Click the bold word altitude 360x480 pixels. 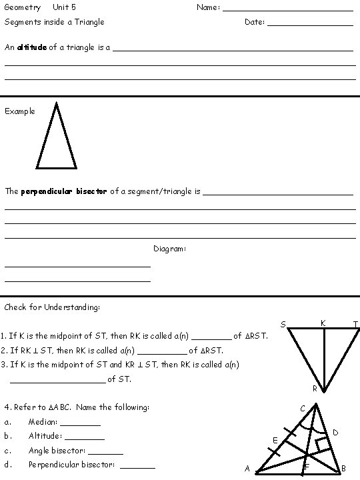pyautogui.click(x=32, y=47)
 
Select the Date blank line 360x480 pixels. pyautogui.click(x=310, y=24)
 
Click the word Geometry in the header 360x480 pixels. pyautogui.click(x=23, y=7)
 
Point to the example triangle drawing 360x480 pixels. pyautogui.click(x=56, y=137)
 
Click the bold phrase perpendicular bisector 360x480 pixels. pyautogui.click(x=64, y=191)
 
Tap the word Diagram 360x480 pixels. pyautogui.click(x=169, y=249)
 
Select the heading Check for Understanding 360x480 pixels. pyautogui.click(x=52, y=307)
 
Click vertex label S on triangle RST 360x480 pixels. pyautogui.click(x=283, y=325)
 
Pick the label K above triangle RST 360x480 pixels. pyautogui.click(x=323, y=323)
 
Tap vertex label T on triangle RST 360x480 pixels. pyautogui.click(x=355, y=325)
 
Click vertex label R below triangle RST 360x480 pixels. pyautogui.click(x=315, y=389)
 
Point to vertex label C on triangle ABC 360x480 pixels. pyautogui.click(x=303, y=408)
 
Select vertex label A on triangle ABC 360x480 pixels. pyautogui.click(x=247, y=469)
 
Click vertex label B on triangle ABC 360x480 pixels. pyautogui.click(x=343, y=469)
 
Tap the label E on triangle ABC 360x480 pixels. pyautogui.click(x=275, y=440)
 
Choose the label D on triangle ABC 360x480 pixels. pyautogui.click(x=335, y=433)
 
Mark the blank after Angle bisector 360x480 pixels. pyautogui.click(x=111, y=452)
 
